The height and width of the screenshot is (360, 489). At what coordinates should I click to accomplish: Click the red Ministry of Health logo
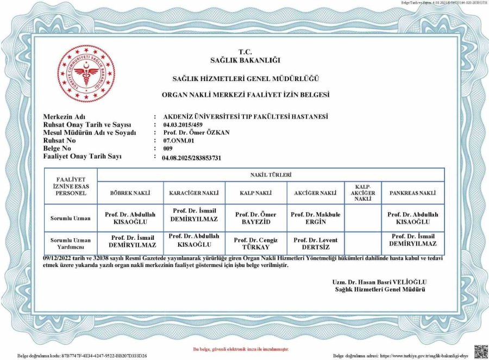coord(86,73)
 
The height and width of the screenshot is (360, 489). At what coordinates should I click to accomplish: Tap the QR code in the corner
coord(480,351)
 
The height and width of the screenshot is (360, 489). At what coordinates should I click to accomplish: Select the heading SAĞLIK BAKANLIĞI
coord(245,60)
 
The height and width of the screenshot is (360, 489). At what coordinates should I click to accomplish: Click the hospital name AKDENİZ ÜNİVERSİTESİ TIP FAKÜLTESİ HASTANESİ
coord(246,116)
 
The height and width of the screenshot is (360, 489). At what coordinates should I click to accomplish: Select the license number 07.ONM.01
coord(179,140)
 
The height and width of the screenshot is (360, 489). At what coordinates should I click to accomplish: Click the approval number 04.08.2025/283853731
coord(192,157)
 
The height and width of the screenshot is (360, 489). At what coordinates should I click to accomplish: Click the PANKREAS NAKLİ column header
coord(412,193)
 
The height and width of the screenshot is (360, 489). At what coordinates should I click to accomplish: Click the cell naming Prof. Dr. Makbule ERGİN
coord(316,218)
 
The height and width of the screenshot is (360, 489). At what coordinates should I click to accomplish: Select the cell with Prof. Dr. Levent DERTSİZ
coord(316,243)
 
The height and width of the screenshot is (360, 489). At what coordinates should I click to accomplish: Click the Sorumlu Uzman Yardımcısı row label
coord(71,243)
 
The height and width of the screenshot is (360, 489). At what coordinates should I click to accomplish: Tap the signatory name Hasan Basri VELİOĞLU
coord(380,282)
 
